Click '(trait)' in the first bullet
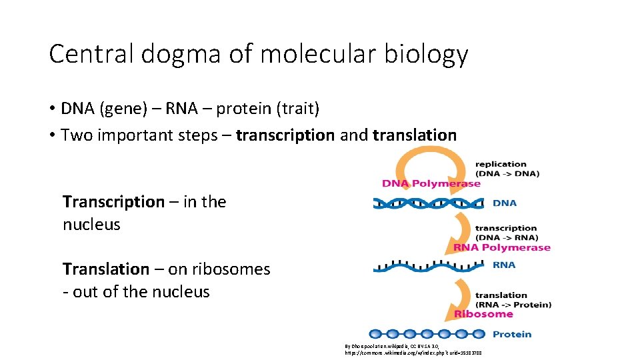pos(294,108)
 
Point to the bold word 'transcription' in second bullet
pos(285,135)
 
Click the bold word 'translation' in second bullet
pos(415,135)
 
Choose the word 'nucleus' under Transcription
pos(91,225)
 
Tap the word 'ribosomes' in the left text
pos(231,269)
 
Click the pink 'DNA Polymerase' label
pos(431,183)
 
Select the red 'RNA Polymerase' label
pos(501,247)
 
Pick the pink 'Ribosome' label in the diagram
pos(483,314)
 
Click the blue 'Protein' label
pos(512,334)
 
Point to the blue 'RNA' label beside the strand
pos(504,265)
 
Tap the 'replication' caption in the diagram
pos(501,164)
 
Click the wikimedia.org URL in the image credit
pos(413,352)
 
